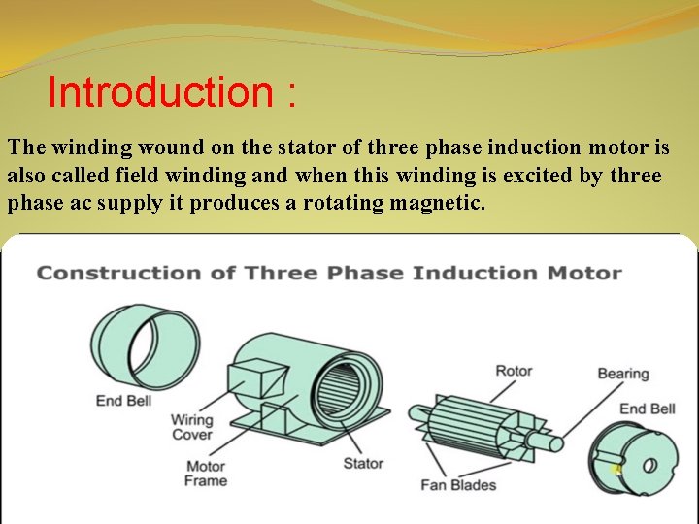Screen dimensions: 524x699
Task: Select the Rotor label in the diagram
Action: point(514,371)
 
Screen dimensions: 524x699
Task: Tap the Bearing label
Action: point(622,374)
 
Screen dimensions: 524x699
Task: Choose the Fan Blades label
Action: point(458,484)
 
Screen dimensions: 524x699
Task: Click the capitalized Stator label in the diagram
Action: point(363,464)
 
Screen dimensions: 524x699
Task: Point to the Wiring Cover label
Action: point(191,428)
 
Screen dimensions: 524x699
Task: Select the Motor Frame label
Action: point(206,473)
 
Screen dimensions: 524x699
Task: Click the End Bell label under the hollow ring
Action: point(123,400)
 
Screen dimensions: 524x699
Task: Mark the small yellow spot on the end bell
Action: point(616,470)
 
